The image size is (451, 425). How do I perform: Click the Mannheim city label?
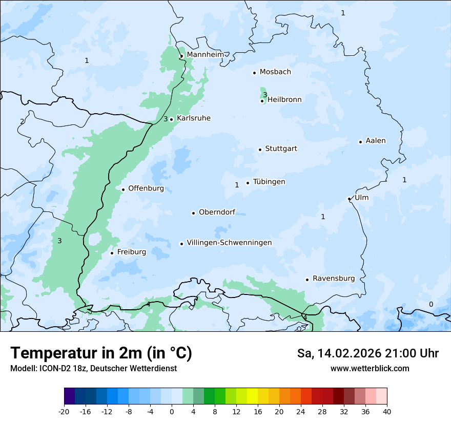pyautogui.click(x=205, y=55)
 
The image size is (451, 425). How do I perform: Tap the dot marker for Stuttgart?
pyautogui.click(x=260, y=150)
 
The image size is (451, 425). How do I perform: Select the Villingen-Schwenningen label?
pyautogui.click(x=229, y=243)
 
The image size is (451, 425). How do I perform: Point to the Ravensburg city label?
pyautogui.click(x=334, y=279)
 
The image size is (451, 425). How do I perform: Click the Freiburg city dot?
pyautogui.click(x=112, y=253)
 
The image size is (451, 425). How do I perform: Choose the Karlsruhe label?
pyautogui.click(x=193, y=118)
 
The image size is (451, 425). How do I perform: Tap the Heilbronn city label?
pyautogui.click(x=284, y=100)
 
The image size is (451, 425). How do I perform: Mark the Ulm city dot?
pyautogui.click(x=349, y=199)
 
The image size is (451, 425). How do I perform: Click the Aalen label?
pyautogui.click(x=376, y=141)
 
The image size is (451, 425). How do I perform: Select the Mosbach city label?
pyautogui.click(x=275, y=72)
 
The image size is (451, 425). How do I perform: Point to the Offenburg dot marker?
pyautogui.click(x=123, y=189)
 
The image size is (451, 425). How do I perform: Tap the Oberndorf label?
pyautogui.click(x=217, y=212)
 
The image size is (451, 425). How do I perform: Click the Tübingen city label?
pyautogui.click(x=269, y=182)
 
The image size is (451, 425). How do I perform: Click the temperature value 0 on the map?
pyautogui.click(x=430, y=304)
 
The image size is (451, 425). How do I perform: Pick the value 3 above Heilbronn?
pyautogui.click(x=265, y=94)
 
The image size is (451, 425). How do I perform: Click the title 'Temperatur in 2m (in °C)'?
pyautogui.click(x=101, y=353)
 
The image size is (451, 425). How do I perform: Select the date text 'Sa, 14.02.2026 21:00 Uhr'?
pyautogui.click(x=367, y=353)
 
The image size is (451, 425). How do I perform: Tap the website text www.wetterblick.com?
pyautogui.click(x=370, y=369)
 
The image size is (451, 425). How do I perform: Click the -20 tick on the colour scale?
pyautogui.click(x=64, y=412)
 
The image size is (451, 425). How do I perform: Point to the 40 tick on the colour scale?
pyautogui.click(x=387, y=412)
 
